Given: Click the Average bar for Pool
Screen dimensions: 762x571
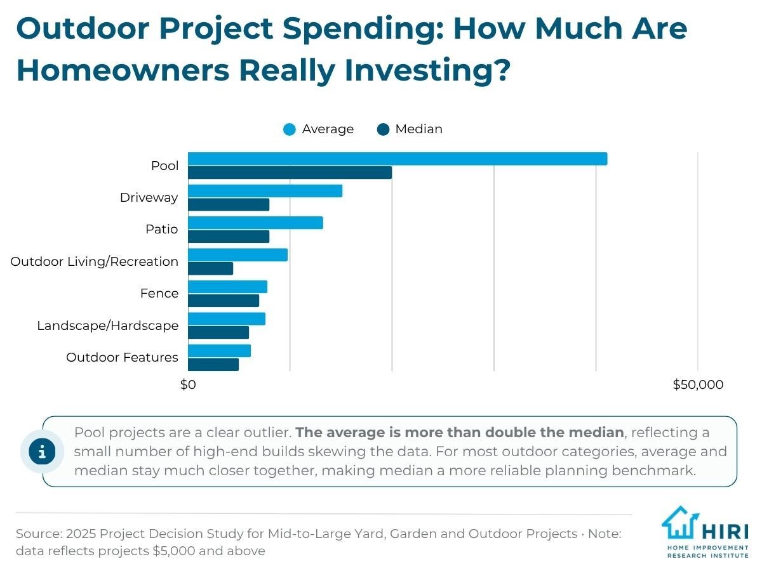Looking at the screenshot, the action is point(398,159).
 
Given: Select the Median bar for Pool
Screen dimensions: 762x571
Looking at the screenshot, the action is point(290,173).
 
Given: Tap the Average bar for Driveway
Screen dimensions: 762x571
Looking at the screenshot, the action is point(265,191).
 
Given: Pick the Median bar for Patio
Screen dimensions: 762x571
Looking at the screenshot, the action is point(229,237).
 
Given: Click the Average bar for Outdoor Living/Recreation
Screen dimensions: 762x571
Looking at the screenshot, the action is point(237,255).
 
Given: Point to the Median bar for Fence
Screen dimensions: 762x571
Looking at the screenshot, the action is point(224,301).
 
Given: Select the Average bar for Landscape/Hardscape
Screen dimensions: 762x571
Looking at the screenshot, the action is point(227,319).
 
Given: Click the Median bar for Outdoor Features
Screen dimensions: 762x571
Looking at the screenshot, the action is point(213,365).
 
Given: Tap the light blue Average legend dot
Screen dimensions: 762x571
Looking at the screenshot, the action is point(289,129).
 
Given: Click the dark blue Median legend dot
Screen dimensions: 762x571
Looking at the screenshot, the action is point(383,129).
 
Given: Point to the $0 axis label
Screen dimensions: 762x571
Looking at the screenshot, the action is point(188,384).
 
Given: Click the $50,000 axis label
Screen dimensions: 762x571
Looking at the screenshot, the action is point(698,384).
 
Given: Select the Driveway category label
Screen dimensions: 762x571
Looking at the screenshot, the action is point(149,197).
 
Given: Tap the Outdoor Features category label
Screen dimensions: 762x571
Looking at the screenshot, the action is point(122,357).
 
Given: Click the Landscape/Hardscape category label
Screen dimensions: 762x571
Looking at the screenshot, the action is point(107,325).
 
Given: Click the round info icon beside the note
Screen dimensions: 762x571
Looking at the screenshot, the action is point(42,451).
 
